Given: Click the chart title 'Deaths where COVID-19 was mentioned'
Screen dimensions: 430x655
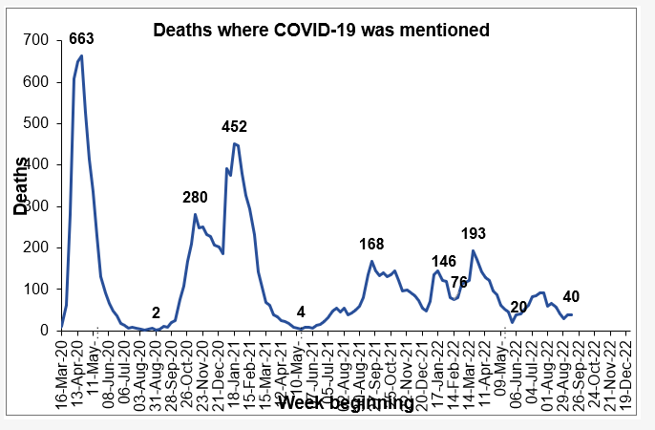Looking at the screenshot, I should pyautogui.click(x=322, y=31).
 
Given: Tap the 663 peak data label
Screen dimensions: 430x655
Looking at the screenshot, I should pyautogui.click(x=81, y=39).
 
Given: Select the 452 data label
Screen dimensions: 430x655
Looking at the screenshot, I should pyautogui.click(x=235, y=126).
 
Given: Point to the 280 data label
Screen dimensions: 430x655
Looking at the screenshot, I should pyautogui.click(x=196, y=198).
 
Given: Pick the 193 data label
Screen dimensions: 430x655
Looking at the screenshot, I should pyautogui.click(x=474, y=233).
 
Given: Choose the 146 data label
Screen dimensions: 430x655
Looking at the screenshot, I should pyautogui.click(x=444, y=261).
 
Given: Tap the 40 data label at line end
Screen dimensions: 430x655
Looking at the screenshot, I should pyautogui.click(x=571, y=295).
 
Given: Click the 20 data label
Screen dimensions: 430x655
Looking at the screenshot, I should pyautogui.click(x=519, y=307).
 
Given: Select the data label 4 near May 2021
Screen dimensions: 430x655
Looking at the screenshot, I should pyautogui.click(x=301, y=312).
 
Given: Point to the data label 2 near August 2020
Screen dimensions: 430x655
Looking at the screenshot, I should pyautogui.click(x=156, y=312).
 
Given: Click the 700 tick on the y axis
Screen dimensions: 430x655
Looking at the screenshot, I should pyautogui.click(x=36, y=40).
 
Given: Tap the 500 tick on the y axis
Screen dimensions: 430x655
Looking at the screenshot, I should pyautogui.click(x=36, y=123).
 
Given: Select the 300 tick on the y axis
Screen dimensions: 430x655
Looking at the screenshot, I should pyautogui.click(x=36, y=206).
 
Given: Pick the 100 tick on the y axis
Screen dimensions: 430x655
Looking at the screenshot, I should pyautogui.click(x=36, y=290).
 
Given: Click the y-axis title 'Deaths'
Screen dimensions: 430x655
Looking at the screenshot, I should pyautogui.click(x=20, y=185).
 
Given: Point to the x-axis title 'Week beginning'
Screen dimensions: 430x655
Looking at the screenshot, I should pyautogui.click(x=346, y=403).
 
